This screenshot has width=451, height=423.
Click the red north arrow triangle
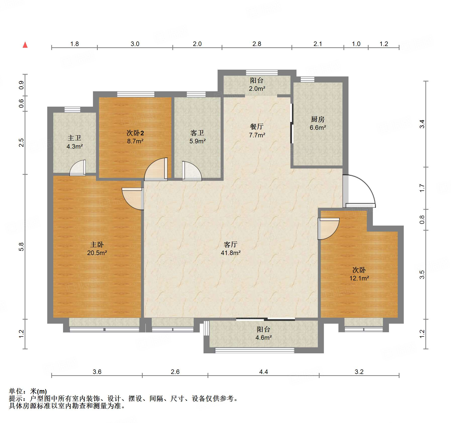tap(25, 45)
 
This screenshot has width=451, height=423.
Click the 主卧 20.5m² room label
tap(97, 248)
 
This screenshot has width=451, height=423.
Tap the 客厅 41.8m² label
tap(231, 248)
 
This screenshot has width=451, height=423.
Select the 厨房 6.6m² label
tap(318, 123)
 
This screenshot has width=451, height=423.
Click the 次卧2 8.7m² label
tap(135, 137)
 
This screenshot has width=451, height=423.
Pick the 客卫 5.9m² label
tap(197, 137)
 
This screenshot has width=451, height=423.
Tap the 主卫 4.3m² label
tap(75, 142)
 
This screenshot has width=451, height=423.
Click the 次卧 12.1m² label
tap(359, 274)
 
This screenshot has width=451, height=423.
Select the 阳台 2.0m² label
tap(257, 84)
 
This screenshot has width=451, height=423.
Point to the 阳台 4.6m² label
tap(264, 333)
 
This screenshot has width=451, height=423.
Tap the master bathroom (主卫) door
tap(78, 168)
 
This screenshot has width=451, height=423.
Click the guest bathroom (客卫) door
tap(192, 171)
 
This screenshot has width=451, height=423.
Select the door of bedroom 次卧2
tap(156, 169)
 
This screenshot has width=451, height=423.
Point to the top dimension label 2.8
tap(257, 44)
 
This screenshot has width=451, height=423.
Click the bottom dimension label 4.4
tap(264, 372)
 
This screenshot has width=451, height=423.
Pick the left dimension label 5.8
tap(21, 247)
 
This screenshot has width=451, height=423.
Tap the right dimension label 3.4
tap(422, 124)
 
